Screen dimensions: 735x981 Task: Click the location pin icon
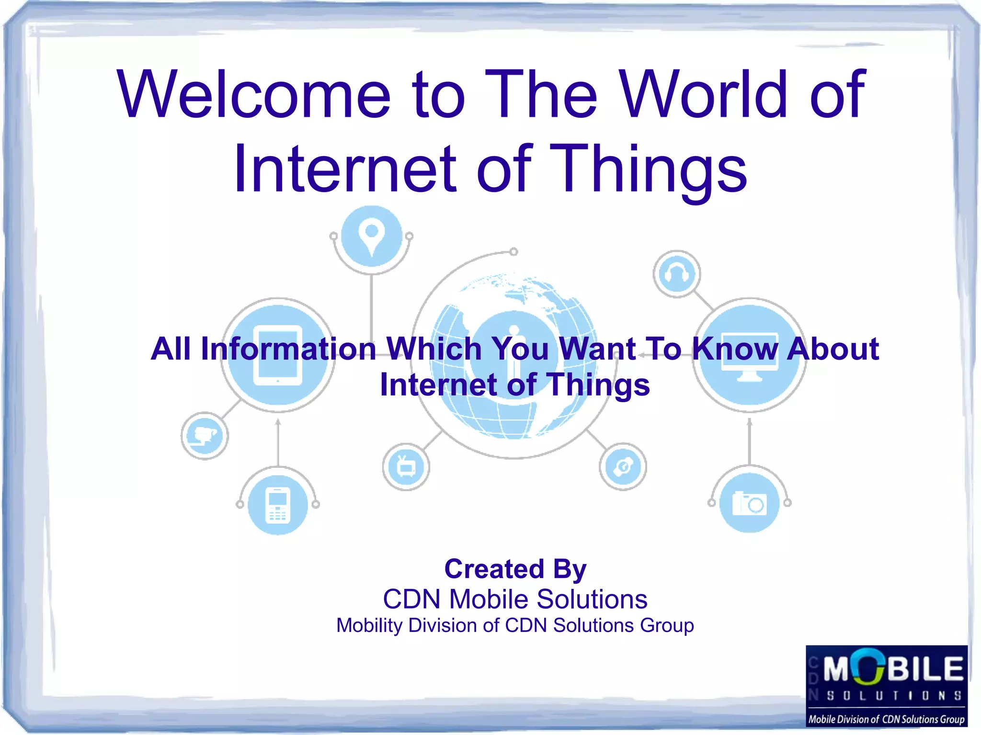372,236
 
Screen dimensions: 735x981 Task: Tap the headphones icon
676,274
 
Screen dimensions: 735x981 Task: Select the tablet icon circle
278,355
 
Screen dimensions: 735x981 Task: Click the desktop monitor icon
750,355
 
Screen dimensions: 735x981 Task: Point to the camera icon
750,503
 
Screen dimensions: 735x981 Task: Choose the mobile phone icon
278,505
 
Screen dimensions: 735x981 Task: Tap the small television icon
406,466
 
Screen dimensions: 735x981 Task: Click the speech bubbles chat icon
205,436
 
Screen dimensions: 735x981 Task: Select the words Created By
515,569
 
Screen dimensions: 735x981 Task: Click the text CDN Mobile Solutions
515,599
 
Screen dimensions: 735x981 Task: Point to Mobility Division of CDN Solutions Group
515,625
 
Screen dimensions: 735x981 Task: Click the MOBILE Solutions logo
887,685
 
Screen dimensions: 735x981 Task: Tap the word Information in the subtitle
288,349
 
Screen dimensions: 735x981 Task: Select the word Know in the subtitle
735,349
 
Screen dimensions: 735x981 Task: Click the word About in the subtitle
833,349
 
